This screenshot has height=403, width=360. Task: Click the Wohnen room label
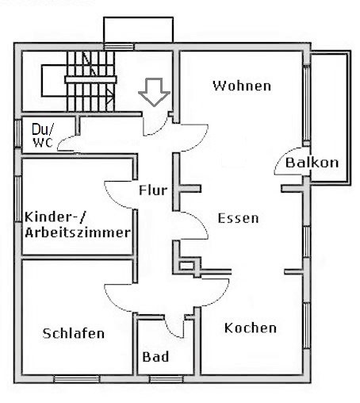point(242,86)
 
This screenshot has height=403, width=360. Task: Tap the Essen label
point(238,218)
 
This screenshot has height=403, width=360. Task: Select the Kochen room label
point(251,328)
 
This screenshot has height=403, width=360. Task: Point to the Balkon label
point(312,163)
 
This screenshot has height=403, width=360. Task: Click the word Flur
point(153,190)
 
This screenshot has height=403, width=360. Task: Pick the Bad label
point(155,357)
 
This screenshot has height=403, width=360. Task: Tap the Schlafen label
point(74,333)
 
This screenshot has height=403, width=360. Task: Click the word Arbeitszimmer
point(78,232)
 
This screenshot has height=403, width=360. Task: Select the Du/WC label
point(43,136)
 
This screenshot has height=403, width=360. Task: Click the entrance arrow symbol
point(155,92)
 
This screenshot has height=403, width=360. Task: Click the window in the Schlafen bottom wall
point(77,379)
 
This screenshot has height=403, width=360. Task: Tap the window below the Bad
point(167,379)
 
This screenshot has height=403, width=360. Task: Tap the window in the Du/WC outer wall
point(18,133)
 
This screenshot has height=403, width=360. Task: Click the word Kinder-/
point(56,217)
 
